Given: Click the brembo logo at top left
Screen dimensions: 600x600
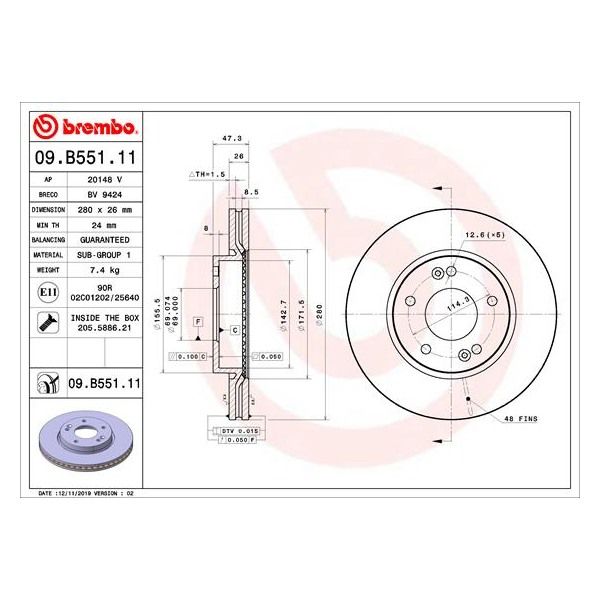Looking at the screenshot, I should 86,127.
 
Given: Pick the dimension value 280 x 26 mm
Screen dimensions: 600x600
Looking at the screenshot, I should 105,211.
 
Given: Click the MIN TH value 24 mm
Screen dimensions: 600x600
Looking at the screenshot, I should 105,226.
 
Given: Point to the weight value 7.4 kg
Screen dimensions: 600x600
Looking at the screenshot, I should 105,271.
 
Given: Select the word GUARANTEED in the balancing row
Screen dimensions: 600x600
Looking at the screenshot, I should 105,241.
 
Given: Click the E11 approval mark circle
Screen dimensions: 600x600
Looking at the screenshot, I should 46,291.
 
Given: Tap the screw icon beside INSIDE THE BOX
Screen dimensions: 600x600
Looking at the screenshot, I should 46,321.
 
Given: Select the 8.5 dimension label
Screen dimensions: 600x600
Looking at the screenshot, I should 251,191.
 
